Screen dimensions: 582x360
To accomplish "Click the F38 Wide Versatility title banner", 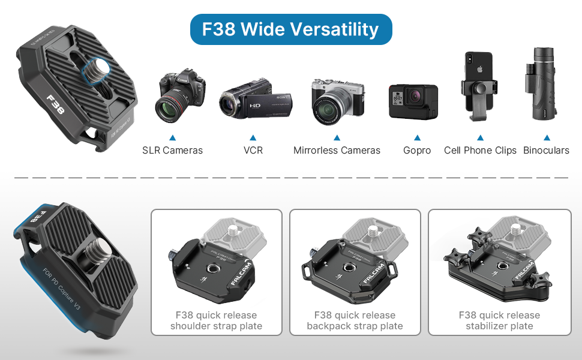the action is click(290, 29).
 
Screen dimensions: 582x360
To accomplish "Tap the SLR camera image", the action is click(180, 96).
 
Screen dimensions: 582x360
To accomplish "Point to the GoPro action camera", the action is click(413, 101).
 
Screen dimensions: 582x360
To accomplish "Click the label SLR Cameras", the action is click(172, 151).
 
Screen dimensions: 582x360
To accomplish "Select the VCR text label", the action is click(253, 151).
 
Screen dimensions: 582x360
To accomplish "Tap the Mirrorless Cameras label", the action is click(337, 151).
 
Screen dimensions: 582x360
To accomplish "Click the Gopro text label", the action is click(417, 151).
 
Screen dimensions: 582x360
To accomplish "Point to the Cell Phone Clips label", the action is click(480, 151).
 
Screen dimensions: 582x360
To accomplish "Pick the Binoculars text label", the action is click(546, 151).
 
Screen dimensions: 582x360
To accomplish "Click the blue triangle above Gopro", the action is click(417, 137).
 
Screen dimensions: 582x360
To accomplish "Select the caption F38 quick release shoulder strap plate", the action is click(216, 321).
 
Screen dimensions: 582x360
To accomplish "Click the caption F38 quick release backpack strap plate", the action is click(355, 321).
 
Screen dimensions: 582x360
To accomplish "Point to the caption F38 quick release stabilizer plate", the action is click(499, 321).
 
